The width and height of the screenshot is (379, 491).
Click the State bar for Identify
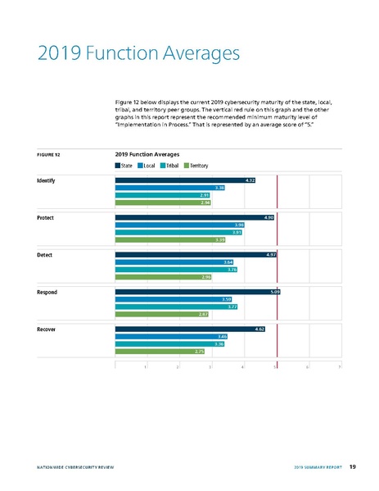coord(186,180)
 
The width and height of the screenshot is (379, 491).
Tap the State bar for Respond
coord(197,291)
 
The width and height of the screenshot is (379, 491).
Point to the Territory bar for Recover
coord(159,351)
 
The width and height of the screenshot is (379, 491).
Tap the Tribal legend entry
coord(169,166)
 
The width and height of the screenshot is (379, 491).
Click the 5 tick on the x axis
coord(274,366)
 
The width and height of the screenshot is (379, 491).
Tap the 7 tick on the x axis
coord(339,366)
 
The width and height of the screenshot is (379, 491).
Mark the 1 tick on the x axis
coord(145,366)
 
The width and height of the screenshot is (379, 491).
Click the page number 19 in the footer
coord(352,466)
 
